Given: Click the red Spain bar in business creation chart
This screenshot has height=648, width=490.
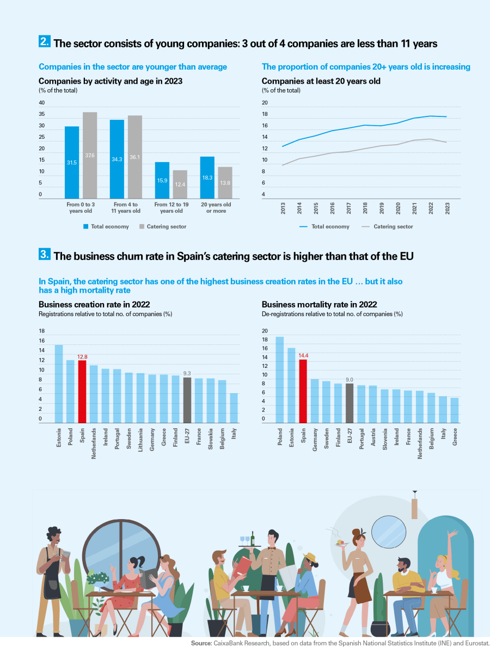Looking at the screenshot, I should click(x=82, y=391).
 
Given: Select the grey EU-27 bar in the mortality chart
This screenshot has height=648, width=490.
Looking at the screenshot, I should click(x=350, y=403).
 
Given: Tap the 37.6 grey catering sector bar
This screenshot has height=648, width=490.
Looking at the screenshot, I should click(x=90, y=155).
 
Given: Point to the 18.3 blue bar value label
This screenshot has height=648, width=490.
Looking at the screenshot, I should click(x=207, y=178).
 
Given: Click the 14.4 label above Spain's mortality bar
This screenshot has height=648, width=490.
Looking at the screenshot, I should click(x=303, y=355).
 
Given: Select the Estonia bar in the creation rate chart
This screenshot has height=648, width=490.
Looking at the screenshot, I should click(x=59, y=384).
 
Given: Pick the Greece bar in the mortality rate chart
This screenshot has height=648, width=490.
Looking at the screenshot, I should click(x=454, y=410).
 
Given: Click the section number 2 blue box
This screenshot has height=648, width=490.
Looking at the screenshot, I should click(x=45, y=41).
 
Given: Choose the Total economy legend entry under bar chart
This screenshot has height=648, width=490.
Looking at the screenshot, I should click(x=106, y=226).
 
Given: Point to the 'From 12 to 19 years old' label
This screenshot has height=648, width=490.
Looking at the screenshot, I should click(x=171, y=207).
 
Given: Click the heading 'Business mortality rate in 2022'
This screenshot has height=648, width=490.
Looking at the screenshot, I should click(x=319, y=305).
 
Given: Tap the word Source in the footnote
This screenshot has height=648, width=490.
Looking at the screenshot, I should click(x=201, y=643).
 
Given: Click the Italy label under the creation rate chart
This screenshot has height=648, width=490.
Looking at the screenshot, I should click(x=234, y=433).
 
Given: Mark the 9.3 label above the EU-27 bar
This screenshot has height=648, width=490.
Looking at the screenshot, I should click(x=187, y=373).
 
